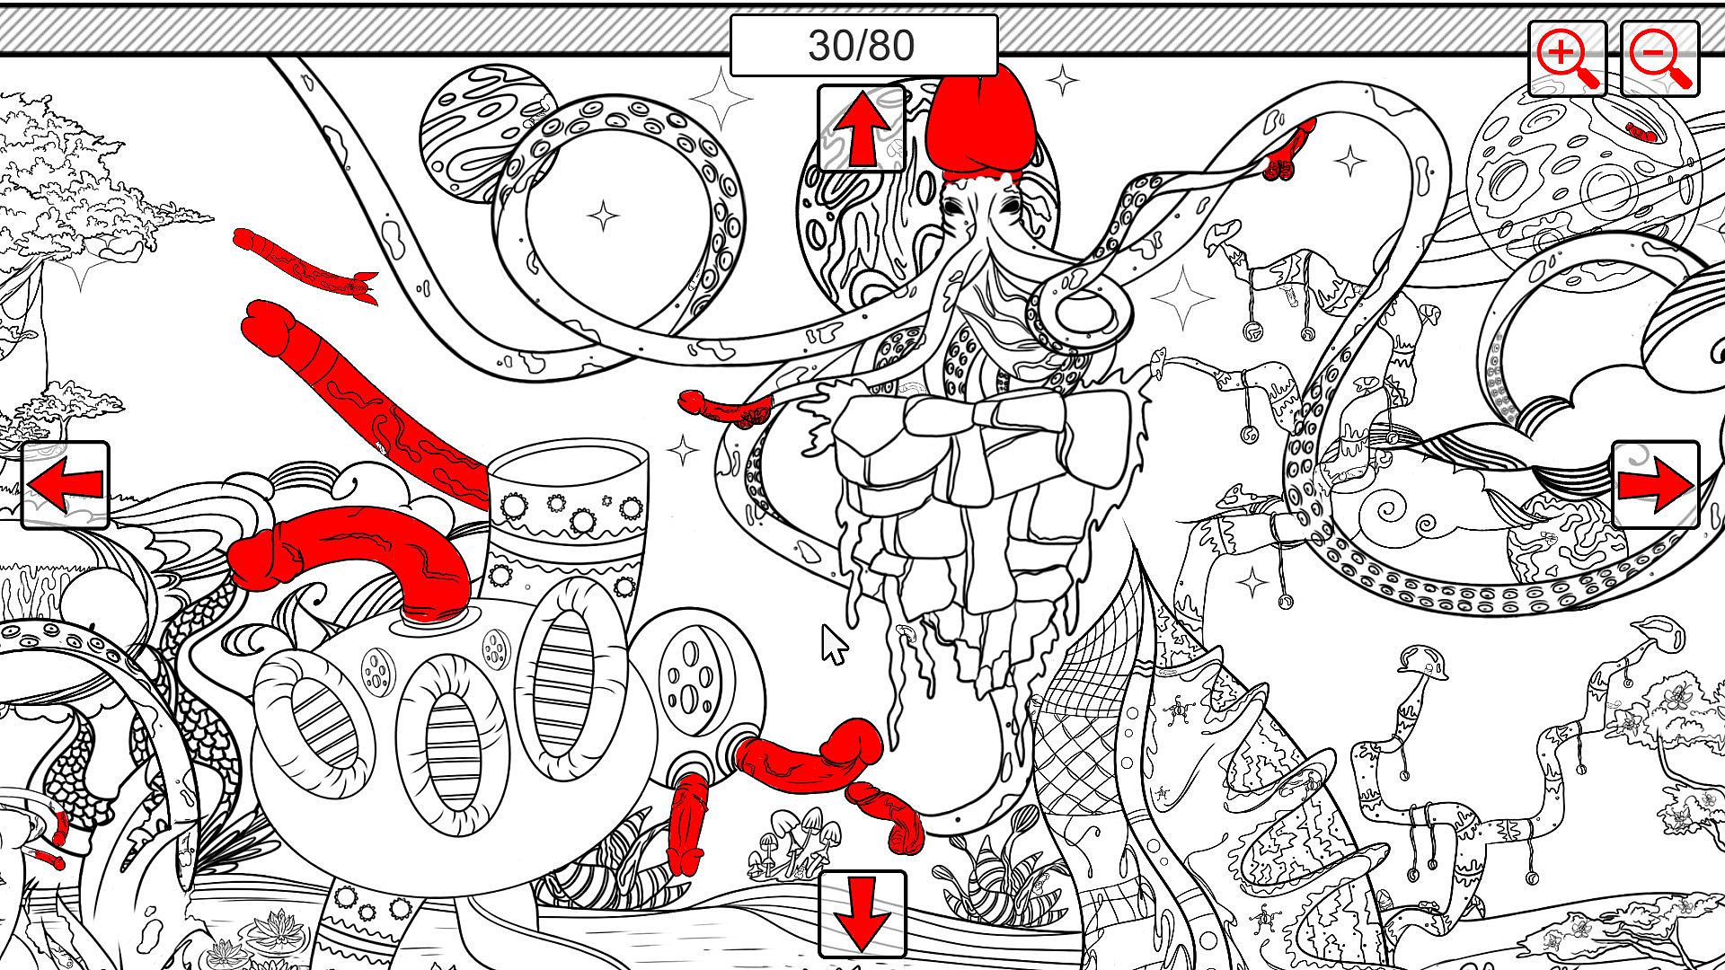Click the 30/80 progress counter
pos(862,45)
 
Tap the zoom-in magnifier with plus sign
pos(1568,58)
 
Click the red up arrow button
pos(861,128)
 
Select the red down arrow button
pos(861,914)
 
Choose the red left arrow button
pos(65,485)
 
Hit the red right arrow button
pos(1655,485)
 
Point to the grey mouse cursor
pos(834,645)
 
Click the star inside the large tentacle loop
pos(603,216)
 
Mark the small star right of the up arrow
pos(1063,81)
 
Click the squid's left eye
pos(952,206)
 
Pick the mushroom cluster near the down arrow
pos(791,842)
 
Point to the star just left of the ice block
pos(683,450)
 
